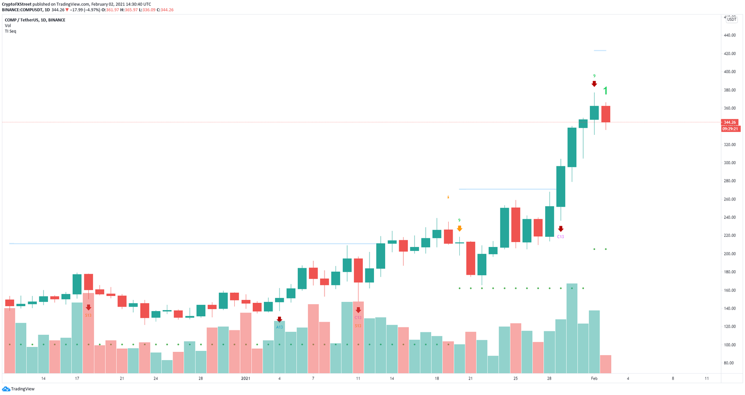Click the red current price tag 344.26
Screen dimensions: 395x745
point(730,122)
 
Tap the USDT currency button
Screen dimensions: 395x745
point(731,19)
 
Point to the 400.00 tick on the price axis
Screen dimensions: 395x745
point(729,72)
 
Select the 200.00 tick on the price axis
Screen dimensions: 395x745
point(729,254)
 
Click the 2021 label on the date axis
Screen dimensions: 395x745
point(245,379)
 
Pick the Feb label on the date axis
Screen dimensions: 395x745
point(594,379)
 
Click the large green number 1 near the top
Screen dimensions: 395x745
point(605,91)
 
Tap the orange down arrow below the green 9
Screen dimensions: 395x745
point(459,228)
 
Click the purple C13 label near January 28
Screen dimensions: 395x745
point(560,237)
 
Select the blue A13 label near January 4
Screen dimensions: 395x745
point(279,328)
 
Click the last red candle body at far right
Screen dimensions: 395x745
point(605,114)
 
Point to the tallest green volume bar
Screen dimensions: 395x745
point(572,328)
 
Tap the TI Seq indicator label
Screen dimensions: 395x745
point(10,31)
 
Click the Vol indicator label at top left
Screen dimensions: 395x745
point(8,26)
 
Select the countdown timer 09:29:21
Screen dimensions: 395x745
point(730,129)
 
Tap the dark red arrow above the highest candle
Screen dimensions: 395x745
point(594,84)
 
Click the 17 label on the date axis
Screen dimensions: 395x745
point(77,379)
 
